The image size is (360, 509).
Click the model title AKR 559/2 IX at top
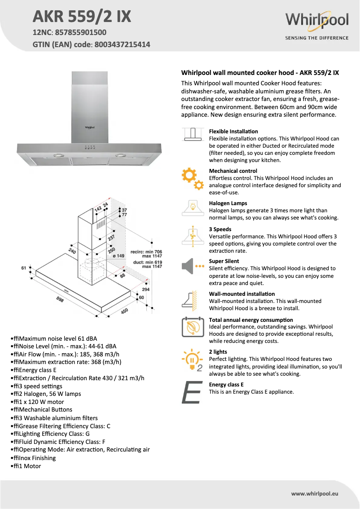click(82, 16)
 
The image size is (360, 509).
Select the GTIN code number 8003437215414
click(122, 44)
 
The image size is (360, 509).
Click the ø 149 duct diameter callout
click(118, 256)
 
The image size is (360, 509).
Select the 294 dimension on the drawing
click(145, 290)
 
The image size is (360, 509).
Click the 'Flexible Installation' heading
click(233, 132)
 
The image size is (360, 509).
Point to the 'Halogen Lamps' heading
click(228, 203)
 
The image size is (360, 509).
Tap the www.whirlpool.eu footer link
click(315, 494)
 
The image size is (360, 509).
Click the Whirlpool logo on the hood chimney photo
click(90, 127)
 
